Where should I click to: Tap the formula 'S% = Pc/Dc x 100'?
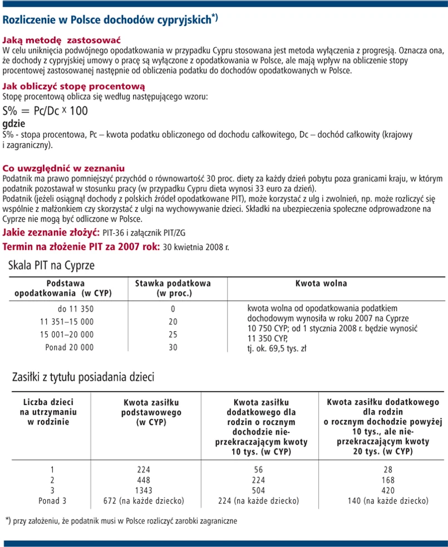click(45, 110)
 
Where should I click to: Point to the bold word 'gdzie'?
click(14, 123)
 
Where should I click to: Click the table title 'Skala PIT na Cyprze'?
click(52, 266)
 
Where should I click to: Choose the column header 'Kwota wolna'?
click(321, 283)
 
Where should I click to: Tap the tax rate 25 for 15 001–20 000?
click(173, 334)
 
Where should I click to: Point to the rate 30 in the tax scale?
click(173, 347)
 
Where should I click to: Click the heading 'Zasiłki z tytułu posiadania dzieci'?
click(83, 377)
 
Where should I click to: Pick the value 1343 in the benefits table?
click(144, 490)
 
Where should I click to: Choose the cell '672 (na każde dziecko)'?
click(144, 501)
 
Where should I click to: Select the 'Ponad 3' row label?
click(52, 501)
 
